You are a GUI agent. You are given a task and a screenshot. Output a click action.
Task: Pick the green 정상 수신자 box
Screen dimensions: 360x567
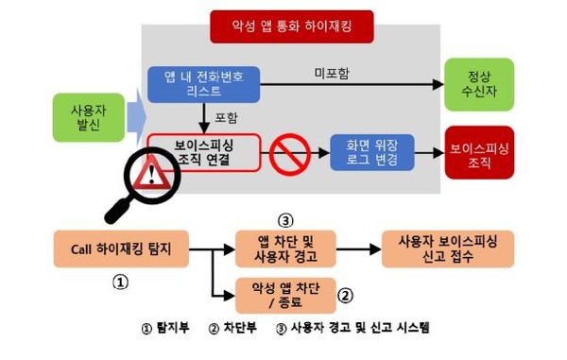tap(478, 82)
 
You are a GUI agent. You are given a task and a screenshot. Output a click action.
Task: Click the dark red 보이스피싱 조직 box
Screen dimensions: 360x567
tap(478, 153)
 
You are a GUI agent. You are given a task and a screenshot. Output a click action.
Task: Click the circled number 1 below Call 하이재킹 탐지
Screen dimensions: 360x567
tap(120, 282)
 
